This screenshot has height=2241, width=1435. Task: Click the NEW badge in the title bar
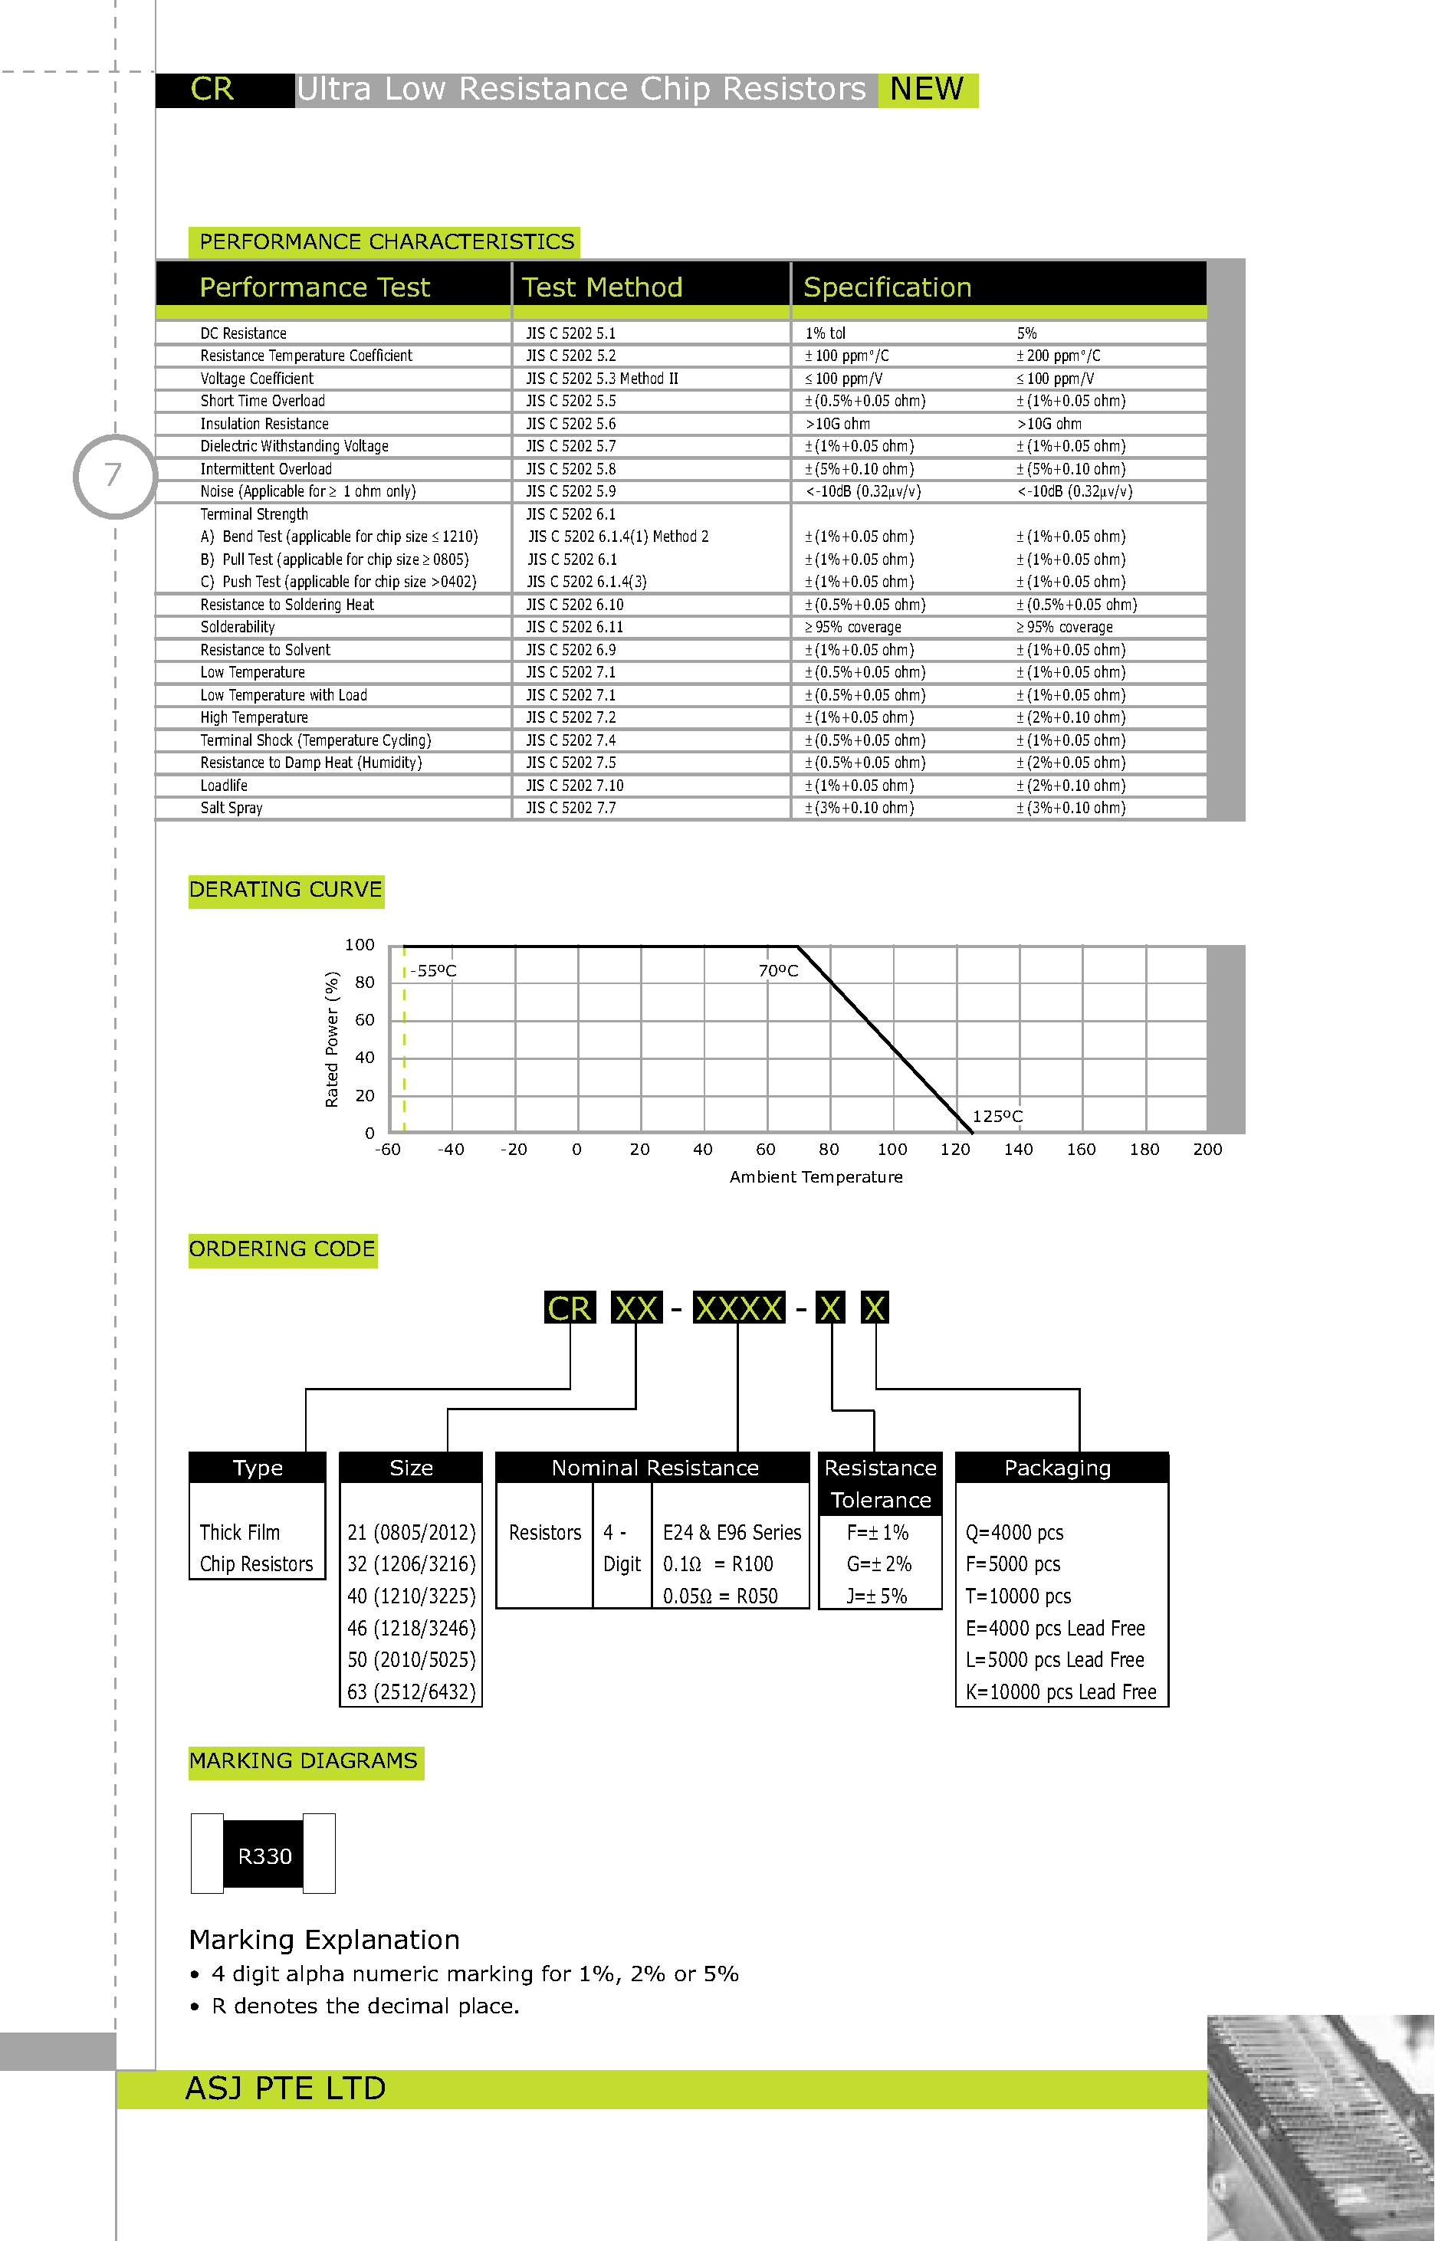(928, 90)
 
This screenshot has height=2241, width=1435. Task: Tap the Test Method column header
(602, 287)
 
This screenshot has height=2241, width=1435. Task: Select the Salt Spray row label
(231, 809)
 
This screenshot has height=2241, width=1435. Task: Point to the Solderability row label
(238, 628)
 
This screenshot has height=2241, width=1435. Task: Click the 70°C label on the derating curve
(778, 970)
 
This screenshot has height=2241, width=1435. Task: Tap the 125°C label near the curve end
(997, 1116)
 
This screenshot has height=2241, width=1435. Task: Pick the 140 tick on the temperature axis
(1019, 1150)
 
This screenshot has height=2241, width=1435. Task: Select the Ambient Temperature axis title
(816, 1177)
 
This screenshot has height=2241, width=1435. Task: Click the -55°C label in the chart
(433, 970)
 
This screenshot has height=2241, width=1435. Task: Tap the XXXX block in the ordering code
(739, 1308)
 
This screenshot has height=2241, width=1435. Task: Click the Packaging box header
(1058, 1468)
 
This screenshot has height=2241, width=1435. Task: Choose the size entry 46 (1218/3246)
(411, 1628)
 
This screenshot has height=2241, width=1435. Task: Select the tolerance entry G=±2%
(878, 1563)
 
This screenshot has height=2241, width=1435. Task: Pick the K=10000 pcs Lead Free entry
(1060, 1692)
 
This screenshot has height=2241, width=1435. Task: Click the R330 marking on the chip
(264, 1856)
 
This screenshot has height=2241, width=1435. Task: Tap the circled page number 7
(113, 475)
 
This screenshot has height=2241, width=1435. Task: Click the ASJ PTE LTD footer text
(285, 2088)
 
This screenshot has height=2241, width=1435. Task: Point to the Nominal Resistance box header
(655, 1468)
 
